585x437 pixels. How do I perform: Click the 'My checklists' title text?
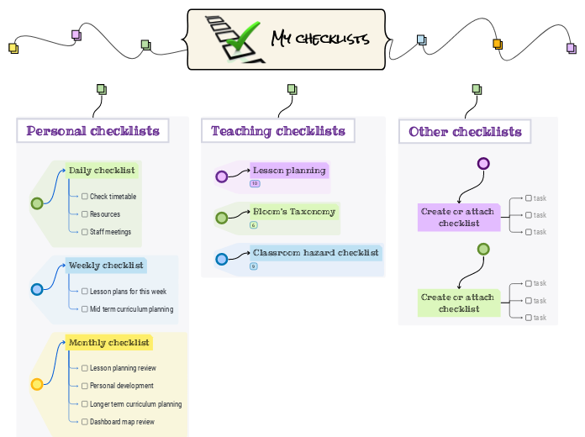(x=320, y=39)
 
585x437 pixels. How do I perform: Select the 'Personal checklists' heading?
(x=92, y=131)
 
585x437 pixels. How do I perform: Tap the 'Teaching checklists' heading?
(x=277, y=131)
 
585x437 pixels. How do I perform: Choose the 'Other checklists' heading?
(x=465, y=132)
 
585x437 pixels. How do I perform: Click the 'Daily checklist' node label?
(x=102, y=171)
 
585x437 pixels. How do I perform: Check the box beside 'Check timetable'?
(x=85, y=197)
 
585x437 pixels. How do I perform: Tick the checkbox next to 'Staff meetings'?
(x=85, y=232)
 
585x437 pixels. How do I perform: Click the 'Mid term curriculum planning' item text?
(x=132, y=309)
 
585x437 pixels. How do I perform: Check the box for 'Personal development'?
(x=85, y=386)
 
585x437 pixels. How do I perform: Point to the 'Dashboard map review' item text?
(x=123, y=422)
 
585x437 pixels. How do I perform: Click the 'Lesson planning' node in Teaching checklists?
(x=289, y=171)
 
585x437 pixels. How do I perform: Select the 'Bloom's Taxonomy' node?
(x=294, y=212)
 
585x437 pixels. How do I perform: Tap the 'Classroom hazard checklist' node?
(x=315, y=252)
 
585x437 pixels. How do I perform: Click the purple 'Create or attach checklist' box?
(x=458, y=218)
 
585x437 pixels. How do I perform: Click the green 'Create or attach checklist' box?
(x=458, y=303)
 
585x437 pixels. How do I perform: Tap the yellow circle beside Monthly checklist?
(x=37, y=384)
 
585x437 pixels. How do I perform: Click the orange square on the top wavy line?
(x=497, y=44)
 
